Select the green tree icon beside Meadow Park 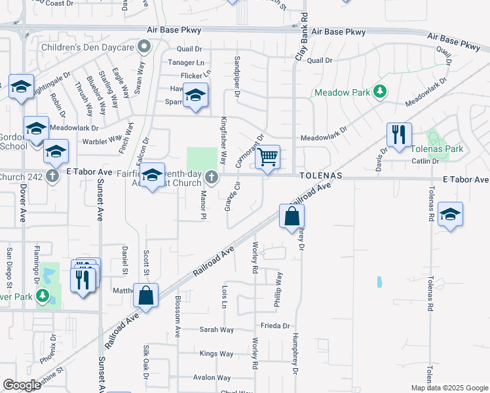click(379, 91)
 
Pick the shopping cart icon click(267, 158)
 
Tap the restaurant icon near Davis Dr click(399, 135)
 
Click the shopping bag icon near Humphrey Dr click(292, 216)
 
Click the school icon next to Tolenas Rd click(450, 214)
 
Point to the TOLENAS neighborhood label click(322, 177)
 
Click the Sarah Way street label click(217, 329)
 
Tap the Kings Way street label click(217, 354)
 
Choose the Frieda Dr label click(275, 326)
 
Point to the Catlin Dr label click(424, 160)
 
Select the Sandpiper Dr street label click(236, 73)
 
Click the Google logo click(22, 385)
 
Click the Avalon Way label click(212, 378)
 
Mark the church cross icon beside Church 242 click(52, 177)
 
